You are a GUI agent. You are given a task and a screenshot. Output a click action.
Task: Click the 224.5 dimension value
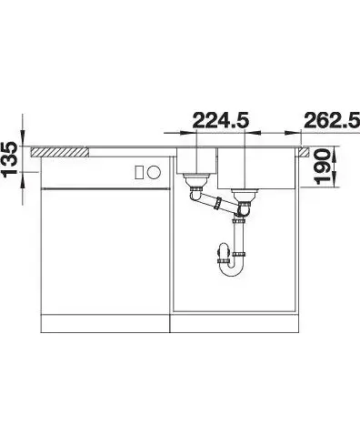[x=221, y=120]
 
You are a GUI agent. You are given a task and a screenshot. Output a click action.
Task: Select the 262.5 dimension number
[x=332, y=120]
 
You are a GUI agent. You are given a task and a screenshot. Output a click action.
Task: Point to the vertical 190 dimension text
[x=322, y=167]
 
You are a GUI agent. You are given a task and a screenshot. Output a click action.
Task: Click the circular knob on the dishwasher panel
[x=155, y=172]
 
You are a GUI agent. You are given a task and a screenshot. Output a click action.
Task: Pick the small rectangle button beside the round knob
[x=139, y=172]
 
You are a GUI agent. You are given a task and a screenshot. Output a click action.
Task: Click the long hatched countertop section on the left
[x=60, y=152]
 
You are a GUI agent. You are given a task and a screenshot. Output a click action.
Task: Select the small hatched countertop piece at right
[x=304, y=152]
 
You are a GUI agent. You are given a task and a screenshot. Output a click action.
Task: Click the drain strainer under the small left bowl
[x=196, y=180]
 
